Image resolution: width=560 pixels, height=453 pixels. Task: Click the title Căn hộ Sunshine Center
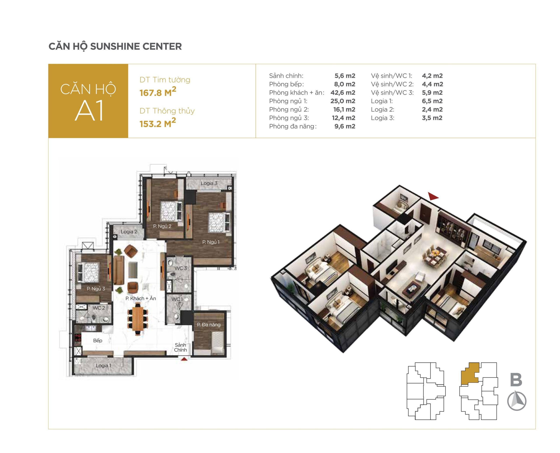[115, 47]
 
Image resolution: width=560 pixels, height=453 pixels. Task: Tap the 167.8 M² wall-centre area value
[158, 92]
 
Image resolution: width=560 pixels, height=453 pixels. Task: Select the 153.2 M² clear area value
[158, 123]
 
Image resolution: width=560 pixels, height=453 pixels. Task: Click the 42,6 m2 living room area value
[343, 93]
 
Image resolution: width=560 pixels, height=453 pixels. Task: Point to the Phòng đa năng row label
[293, 126]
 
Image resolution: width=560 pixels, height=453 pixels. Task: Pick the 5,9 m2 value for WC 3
[432, 93]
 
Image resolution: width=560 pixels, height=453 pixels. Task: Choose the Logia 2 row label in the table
[382, 110]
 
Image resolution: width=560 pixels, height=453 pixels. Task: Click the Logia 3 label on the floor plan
[209, 183]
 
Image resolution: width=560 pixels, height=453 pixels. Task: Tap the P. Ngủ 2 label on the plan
[162, 226]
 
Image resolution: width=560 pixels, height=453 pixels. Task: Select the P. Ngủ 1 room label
[211, 242]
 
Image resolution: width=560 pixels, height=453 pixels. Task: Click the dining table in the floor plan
[137, 319]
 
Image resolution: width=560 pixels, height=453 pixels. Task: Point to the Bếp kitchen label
[98, 341]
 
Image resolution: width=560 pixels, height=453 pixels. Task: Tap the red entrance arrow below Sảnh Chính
[184, 359]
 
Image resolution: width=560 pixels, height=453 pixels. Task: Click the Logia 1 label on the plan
[103, 366]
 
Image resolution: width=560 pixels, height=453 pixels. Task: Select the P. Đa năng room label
[209, 325]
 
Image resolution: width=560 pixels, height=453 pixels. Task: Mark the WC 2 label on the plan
[99, 308]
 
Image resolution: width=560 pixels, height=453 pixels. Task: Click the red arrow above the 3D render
[433, 196]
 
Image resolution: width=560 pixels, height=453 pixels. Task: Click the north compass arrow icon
[516, 401]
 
